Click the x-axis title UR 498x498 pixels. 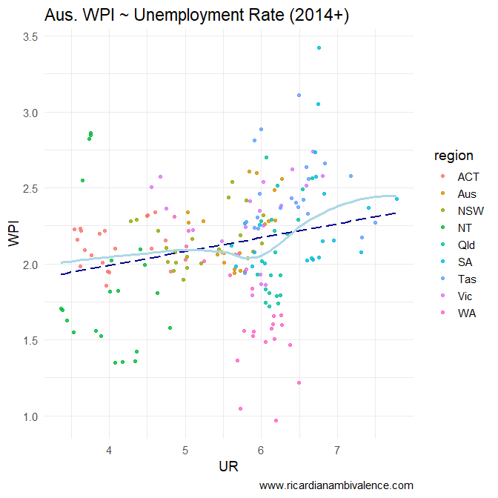coord(228,467)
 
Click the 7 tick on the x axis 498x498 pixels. coord(337,450)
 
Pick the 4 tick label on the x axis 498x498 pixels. coord(109,450)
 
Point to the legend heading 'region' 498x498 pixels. coord(454,156)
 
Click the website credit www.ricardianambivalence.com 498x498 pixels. coord(336,485)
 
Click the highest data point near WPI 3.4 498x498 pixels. coord(319,47)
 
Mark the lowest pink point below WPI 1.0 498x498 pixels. coord(276,420)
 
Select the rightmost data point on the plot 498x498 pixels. coord(397,199)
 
